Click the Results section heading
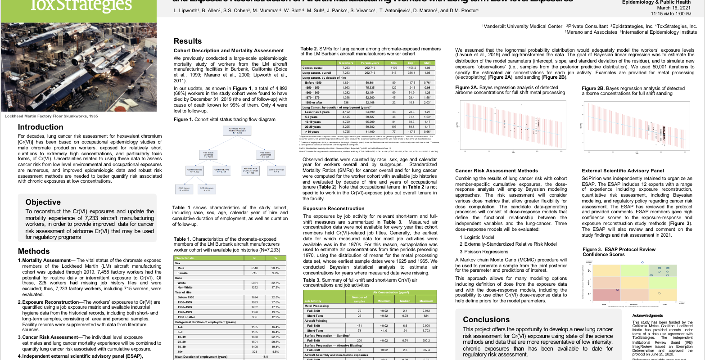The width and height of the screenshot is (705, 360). tap(188, 41)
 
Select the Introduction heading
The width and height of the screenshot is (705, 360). tap(41, 127)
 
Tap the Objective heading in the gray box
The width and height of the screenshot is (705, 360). tap(43, 202)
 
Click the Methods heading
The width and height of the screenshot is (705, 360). tap(34, 251)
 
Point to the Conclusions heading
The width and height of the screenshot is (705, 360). tap(486, 319)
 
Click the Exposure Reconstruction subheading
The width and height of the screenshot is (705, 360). tap(334, 208)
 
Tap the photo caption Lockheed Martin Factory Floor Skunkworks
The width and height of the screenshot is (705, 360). tap(51, 116)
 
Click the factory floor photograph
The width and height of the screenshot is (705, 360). tap(78, 67)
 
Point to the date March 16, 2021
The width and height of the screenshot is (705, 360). tap(674, 8)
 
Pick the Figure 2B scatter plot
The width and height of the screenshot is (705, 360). tap(636, 126)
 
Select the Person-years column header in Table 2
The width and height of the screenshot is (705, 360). tap(370, 63)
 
